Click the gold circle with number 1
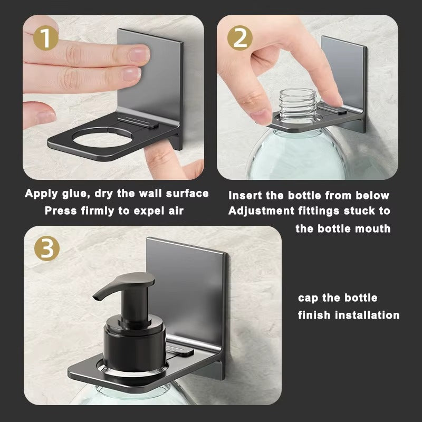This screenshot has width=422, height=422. pyautogui.click(x=45, y=39)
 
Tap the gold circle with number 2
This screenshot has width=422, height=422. pyautogui.click(x=241, y=39)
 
